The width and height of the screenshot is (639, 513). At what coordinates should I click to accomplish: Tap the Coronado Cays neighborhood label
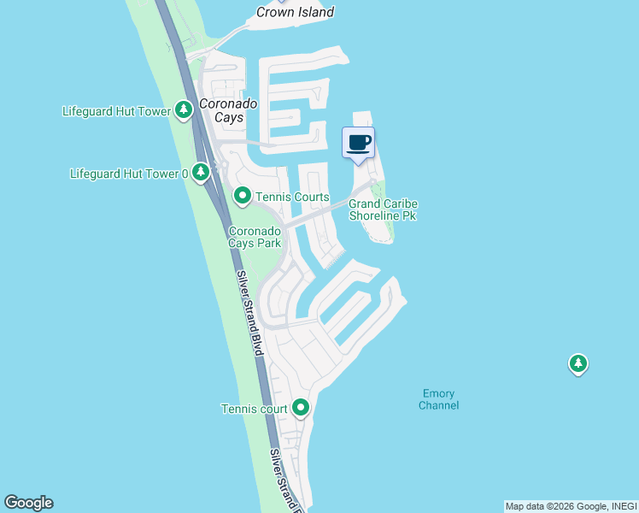coord(228,110)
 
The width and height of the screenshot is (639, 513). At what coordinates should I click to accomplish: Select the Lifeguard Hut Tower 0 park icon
coord(201,173)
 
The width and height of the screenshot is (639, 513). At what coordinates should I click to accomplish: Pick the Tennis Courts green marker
coord(243,197)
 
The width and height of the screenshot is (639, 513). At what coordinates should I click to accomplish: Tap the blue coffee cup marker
coord(359,143)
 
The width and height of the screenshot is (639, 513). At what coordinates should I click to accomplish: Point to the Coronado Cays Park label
coord(255,237)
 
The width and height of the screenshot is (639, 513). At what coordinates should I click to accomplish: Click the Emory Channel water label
coord(438,399)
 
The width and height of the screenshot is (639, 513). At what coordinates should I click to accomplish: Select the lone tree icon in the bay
coord(578,364)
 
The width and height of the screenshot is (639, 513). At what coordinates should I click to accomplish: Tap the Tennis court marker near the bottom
coord(300,409)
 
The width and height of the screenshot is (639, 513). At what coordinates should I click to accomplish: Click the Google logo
coord(28,503)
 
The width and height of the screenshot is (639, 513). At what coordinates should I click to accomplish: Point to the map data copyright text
coord(571,506)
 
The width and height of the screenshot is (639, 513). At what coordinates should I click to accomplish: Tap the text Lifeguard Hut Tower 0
coord(129,174)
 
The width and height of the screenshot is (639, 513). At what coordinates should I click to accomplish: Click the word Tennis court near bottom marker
coord(255,409)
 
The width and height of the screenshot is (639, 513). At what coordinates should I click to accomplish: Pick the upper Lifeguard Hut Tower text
coord(116,111)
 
